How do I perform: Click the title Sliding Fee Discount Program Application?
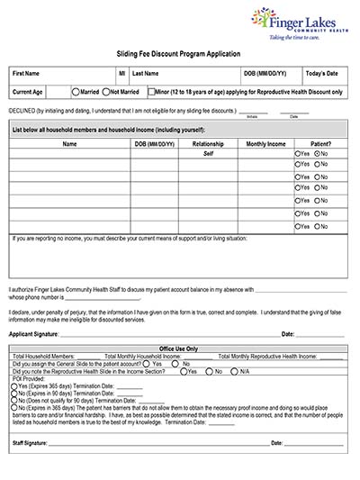tap(179, 54)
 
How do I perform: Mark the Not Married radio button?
tap(105, 92)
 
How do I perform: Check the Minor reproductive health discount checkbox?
tap(152, 92)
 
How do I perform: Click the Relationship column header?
tap(208, 143)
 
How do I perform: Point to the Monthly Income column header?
tap(266, 143)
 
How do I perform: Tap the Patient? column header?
tap(320, 143)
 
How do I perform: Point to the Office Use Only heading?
tap(178, 349)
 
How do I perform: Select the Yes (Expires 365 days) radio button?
tap(15, 385)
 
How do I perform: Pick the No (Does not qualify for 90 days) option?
tap(15, 400)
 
